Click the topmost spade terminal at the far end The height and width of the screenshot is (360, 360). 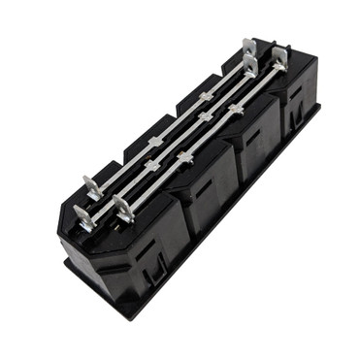click(x=249, y=46)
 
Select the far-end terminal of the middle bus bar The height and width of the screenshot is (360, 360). click(x=251, y=66)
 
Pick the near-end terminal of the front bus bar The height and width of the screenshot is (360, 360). click(x=122, y=207)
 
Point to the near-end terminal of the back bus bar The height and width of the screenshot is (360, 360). click(x=92, y=184)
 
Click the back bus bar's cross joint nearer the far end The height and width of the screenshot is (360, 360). click(x=206, y=96)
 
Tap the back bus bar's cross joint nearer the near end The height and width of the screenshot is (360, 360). click(x=155, y=142)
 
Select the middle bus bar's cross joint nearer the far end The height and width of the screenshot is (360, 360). click(x=205, y=116)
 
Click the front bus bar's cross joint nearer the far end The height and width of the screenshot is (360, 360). click(x=234, y=110)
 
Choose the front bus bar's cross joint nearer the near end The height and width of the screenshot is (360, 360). click(x=184, y=155)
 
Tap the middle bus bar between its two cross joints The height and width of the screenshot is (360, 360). click(x=179, y=140)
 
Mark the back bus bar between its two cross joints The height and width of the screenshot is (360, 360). click(x=180, y=118)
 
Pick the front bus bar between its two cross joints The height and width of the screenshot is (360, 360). click(x=209, y=133)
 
